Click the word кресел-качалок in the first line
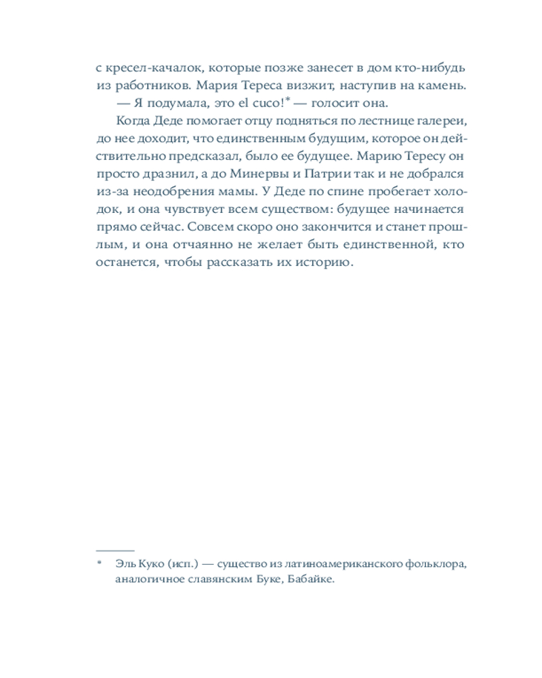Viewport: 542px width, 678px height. pos(145,68)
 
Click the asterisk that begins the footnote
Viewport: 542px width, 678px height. pos(99,563)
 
